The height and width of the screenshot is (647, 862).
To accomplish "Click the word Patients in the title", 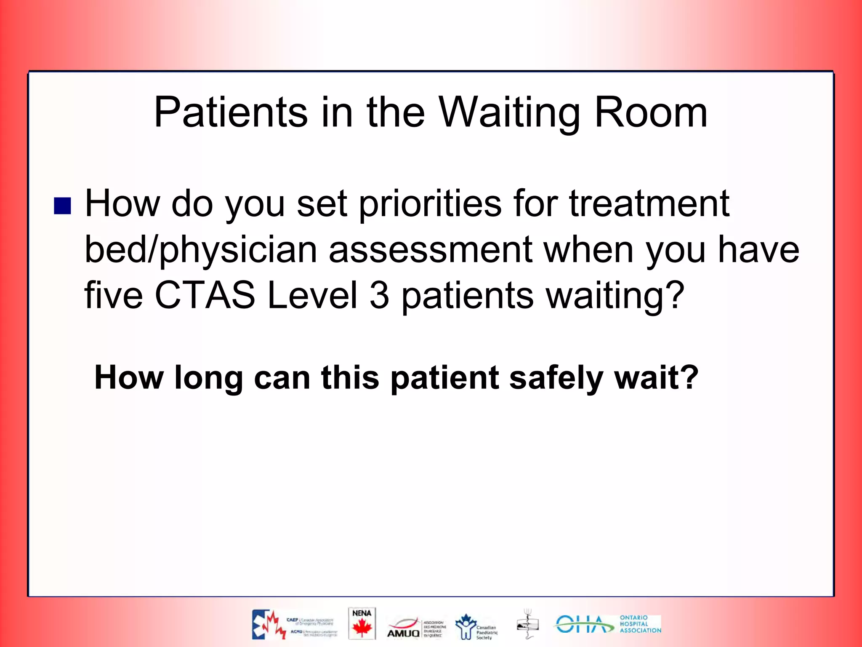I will pyautogui.click(x=231, y=112).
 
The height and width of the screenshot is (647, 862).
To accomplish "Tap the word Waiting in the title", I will pyautogui.click(x=508, y=112).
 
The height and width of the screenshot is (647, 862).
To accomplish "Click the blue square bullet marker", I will pyautogui.click(x=62, y=206).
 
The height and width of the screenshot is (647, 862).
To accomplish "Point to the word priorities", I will pyautogui.click(x=430, y=204).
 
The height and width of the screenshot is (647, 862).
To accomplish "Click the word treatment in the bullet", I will pyautogui.click(x=649, y=204).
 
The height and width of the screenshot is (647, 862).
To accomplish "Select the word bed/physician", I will pyautogui.click(x=201, y=250).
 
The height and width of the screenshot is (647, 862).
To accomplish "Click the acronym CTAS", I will pyautogui.click(x=205, y=295).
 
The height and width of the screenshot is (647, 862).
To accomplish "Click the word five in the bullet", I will pyautogui.click(x=114, y=295).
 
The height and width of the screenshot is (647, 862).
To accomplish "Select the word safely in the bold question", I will pyautogui.click(x=557, y=377).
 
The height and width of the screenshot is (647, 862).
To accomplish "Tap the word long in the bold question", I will pyautogui.click(x=209, y=377).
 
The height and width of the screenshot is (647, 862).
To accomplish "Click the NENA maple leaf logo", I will pyautogui.click(x=362, y=623).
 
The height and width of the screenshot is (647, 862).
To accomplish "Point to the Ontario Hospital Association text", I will pyautogui.click(x=640, y=624).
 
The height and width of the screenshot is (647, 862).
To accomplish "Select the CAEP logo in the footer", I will pyautogui.click(x=295, y=624).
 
